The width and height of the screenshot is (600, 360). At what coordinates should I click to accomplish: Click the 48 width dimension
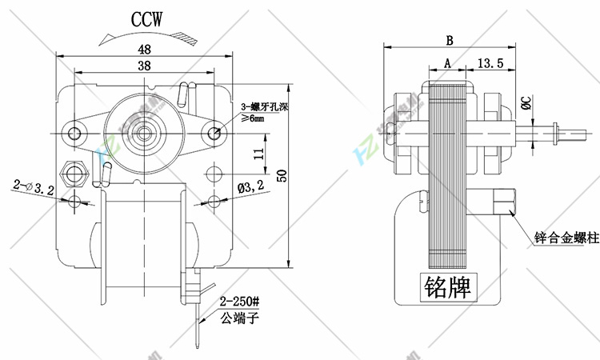click(x=144, y=47)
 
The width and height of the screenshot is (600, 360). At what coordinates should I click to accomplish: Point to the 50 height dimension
click(x=281, y=176)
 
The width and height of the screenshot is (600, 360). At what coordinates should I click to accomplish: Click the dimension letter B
click(x=450, y=39)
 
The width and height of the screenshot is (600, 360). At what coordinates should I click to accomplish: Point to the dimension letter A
click(x=447, y=62)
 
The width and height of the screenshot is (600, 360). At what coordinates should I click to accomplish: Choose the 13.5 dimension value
click(x=490, y=62)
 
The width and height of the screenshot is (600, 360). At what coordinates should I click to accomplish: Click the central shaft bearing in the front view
click(x=145, y=130)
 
